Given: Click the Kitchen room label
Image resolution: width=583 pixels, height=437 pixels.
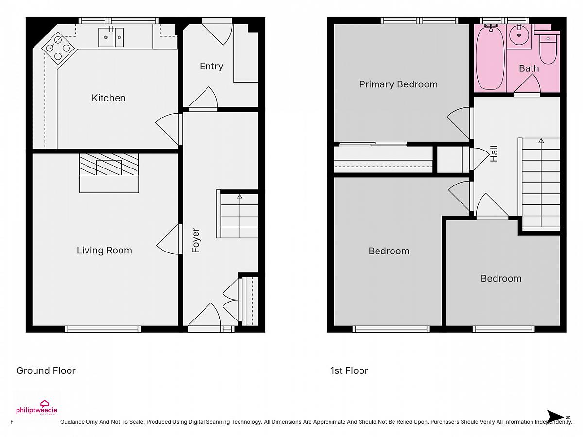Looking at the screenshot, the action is click(x=108, y=98).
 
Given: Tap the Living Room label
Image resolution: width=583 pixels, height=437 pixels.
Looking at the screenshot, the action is click(x=104, y=251).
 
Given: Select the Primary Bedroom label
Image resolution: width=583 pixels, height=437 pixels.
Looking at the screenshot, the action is click(x=398, y=84).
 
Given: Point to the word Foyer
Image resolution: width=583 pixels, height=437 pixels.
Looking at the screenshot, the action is click(x=195, y=240).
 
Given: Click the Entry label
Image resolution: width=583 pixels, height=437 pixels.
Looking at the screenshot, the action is click(x=211, y=67).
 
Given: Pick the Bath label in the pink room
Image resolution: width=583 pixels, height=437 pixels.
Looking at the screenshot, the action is click(x=529, y=68).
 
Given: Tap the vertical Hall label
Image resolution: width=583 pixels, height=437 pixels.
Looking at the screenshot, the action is click(x=494, y=153).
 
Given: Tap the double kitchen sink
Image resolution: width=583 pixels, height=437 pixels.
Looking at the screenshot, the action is click(x=111, y=37).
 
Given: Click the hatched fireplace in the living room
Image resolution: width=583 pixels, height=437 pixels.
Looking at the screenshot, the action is click(x=109, y=164).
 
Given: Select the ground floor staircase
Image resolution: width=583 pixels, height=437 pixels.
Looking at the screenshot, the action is click(x=238, y=214).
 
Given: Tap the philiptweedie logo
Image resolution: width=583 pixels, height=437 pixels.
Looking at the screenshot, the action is click(x=36, y=407).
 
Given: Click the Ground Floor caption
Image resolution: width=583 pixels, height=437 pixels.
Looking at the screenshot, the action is click(x=46, y=370).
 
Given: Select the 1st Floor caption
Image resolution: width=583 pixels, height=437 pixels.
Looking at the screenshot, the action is click(x=349, y=370).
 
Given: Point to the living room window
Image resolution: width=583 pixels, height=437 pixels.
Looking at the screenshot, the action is click(x=103, y=329).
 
